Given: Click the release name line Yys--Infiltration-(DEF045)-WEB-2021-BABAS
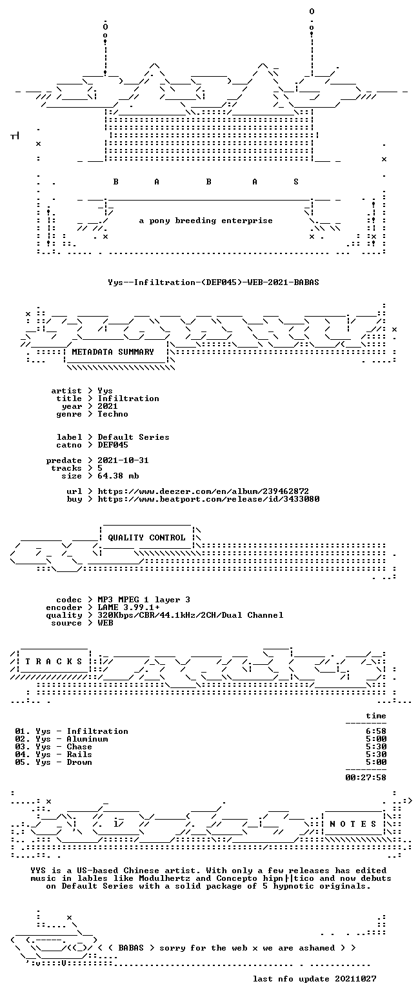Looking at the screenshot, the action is point(214,282).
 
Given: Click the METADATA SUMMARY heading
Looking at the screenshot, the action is point(113,352).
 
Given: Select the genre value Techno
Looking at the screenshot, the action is point(113,414).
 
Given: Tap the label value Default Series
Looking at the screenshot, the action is point(134,437).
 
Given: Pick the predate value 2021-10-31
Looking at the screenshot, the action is point(123,460).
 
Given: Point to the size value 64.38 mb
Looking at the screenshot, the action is point(118,476).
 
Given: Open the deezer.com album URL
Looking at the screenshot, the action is point(203,491).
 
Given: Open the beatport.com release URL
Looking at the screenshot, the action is point(208,499).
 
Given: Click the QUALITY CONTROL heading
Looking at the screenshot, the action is point(146,538).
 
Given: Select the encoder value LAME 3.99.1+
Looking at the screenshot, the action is point(128,607).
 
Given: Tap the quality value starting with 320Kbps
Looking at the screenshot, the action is point(190,615).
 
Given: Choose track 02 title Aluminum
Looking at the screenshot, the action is point(87,739).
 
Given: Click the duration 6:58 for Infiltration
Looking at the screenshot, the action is point(376,731).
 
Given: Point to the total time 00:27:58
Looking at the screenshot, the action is point(366,778).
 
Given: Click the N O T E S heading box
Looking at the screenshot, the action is point(353,824).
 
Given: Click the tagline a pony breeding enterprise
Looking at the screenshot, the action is point(206,221).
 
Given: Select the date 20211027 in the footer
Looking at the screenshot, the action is point(355,979).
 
